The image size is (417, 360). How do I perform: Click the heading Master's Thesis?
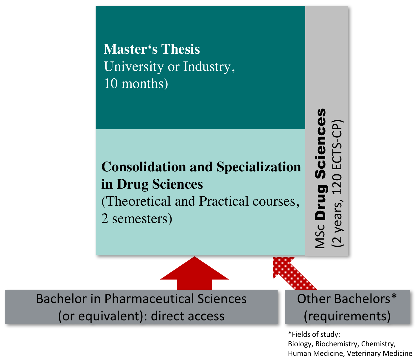[152, 49]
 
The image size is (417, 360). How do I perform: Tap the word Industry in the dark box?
[207, 67]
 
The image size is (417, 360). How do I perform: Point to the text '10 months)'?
[136, 84]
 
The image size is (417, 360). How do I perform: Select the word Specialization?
[259, 167]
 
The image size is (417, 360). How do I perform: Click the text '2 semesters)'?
[137, 219]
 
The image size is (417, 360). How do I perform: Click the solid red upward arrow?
[194, 274]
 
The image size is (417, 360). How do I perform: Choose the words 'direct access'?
[188, 316]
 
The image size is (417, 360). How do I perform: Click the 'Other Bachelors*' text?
[347, 299]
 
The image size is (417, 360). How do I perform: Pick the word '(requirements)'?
[347, 316]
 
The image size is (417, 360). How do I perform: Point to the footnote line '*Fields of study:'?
[314, 334]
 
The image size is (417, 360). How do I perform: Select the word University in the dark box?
[133, 67]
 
